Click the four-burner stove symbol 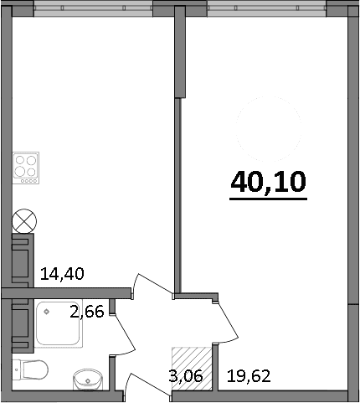pyautogui.click(x=26, y=166)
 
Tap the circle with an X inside pyautogui.click(x=23, y=223)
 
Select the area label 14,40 pyautogui.click(x=62, y=272)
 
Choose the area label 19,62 pyautogui.click(x=248, y=375)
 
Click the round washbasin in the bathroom pyautogui.click(x=86, y=379)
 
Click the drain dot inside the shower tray pyautogui.click(x=47, y=313)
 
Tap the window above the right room pyautogui.click(x=266, y=7)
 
